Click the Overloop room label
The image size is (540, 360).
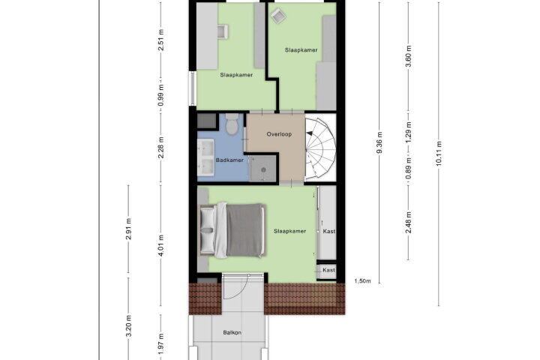(x=279, y=134)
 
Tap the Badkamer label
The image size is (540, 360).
(x=229, y=160)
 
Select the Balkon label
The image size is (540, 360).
(x=232, y=333)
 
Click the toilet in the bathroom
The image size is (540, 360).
(x=232, y=124)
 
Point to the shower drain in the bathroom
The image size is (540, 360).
(x=263, y=169)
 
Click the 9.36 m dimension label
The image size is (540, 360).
(x=379, y=143)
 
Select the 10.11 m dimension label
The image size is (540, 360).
(x=439, y=154)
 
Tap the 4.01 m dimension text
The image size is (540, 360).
(x=160, y=246)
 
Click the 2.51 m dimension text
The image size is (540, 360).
(x=160, y=40)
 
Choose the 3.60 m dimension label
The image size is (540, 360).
(x=409, y=57)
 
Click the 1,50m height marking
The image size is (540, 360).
(x=363, y=281)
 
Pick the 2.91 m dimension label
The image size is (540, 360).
(x=128, y=229)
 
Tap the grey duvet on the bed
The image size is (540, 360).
(x=244, y=230)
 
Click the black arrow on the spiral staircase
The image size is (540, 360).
(x=310, y=133)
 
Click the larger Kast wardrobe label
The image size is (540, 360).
(x=329, y=232)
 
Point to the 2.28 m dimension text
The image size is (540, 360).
(x=160, y=148)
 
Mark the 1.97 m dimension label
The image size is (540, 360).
(x=160, y=343)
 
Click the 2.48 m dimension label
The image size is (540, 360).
(x=409, y=223)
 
